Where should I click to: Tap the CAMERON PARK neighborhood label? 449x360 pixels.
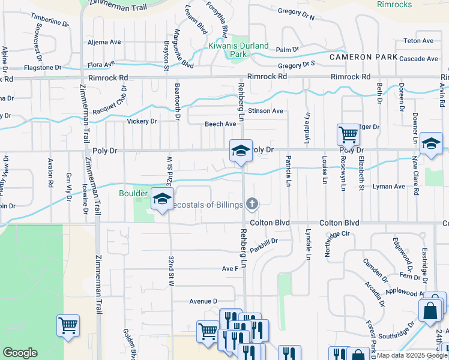pyautogui.click(x=363, y=57)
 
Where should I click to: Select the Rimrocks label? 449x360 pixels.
pyautogui.click(x=394, y=4)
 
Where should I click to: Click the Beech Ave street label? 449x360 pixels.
pyautogui.click(x=220, y=124)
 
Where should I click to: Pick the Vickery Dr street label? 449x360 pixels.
pyautogui.click(x=142, y=121)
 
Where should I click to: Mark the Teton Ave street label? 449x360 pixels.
pyautogui.click(x=418, y=41)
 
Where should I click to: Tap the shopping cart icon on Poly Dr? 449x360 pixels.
pyautogui.click(x=348, y=134)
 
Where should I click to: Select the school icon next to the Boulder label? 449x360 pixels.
pyautogui.click(x=161, y=199)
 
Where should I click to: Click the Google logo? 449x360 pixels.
pyautogui.click(x=20, y=353)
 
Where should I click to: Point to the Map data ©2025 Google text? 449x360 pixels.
pyautogui.click(x=412, y=355)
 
